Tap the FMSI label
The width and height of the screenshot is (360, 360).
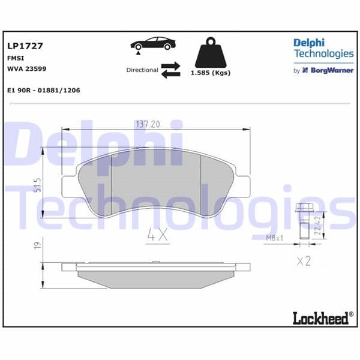15,58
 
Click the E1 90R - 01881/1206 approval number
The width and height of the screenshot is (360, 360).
44,90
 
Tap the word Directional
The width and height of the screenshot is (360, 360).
142,70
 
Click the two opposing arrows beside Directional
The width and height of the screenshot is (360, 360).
170,70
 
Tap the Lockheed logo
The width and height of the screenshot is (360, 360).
321,317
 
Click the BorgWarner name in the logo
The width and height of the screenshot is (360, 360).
332,70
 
